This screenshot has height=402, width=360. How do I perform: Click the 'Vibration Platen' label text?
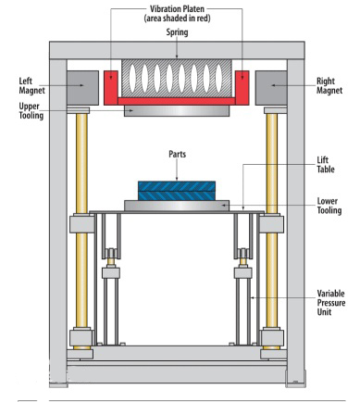click(x=177, y=8)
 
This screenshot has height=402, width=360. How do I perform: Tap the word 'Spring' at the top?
click(x=177, y=32)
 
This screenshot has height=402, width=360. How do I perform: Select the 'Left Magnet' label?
click(x=31, y=86)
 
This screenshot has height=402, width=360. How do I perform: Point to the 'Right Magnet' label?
click(x=329, y=86)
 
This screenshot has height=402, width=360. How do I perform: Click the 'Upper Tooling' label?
click(x=31, y=111)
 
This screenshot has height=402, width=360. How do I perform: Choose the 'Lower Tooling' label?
click(x=329, y=206)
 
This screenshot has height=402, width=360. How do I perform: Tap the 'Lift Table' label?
click(x=326, y=165)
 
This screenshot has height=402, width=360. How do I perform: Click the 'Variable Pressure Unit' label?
click(x=331, y=303)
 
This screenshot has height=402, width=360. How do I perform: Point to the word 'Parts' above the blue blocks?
click(x=177, y=154)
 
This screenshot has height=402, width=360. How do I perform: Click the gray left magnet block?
click(x=82, y=88)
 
